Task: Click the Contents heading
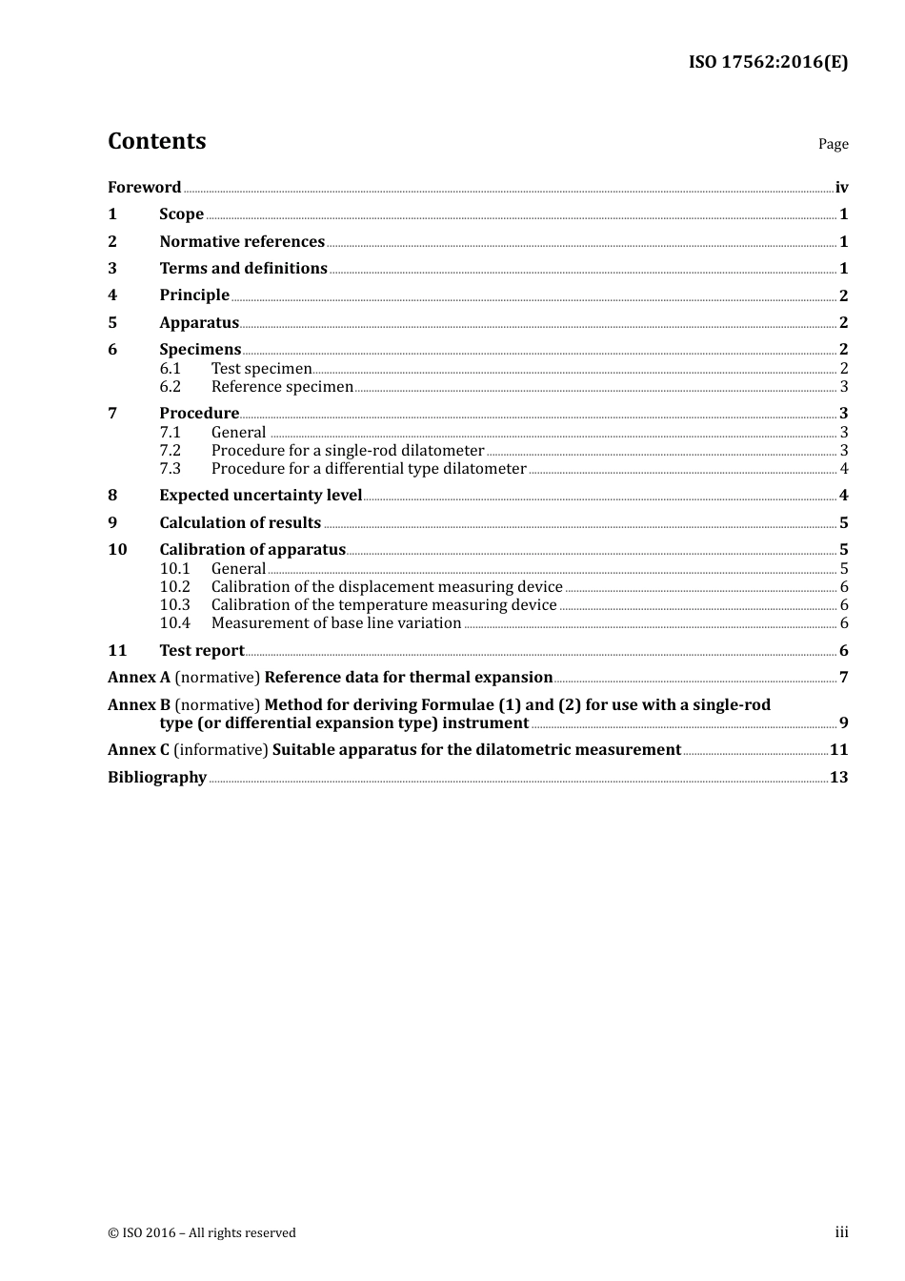(156, 141)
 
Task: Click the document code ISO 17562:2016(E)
(768, 62)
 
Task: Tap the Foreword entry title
(144, 188)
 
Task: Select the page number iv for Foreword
(841, 188)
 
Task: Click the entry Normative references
(242, 242)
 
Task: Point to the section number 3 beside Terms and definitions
(112, 269)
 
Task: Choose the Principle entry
(194, 295)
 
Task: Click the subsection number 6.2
(170, 387)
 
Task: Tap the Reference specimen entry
(282, 387)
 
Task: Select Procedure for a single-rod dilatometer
(348, 451)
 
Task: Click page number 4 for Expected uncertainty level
(843, 496)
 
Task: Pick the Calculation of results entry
(240, 523)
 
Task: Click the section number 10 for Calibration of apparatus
(117, 550)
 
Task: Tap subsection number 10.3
(174, 605)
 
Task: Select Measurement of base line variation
(336, 623)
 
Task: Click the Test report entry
(202, 651)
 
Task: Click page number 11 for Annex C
(838, 750)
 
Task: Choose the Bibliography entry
(157, 778)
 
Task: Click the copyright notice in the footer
(202, 1233)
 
